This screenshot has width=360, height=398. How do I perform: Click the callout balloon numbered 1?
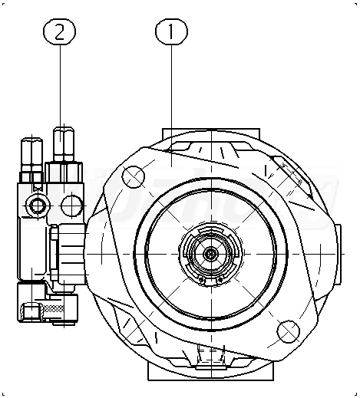[171, 31]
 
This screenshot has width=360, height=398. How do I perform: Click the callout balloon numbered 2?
[60, 31]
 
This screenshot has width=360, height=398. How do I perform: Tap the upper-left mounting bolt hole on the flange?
[133, 176]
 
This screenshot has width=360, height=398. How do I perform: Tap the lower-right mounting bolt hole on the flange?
[288, 331]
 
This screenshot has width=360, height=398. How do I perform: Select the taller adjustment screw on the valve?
[64, 144]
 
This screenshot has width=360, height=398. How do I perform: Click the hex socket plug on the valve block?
[38, 206]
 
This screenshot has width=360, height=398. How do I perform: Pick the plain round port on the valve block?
[72, 206]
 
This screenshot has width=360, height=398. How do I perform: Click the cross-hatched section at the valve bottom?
[54, 309]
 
